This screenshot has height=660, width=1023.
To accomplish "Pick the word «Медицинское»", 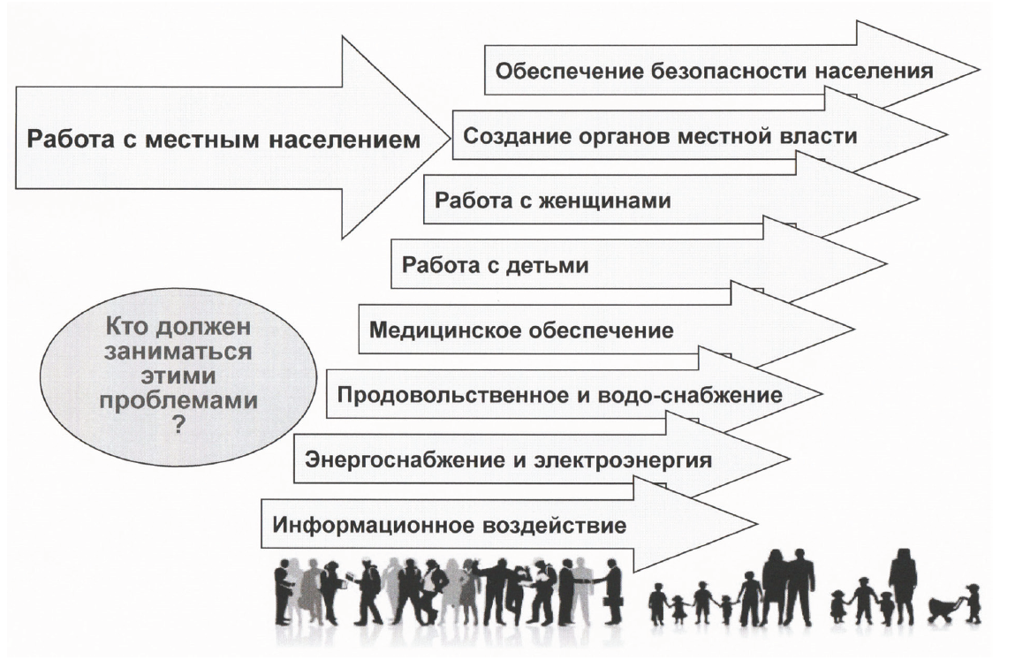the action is click(445, 330).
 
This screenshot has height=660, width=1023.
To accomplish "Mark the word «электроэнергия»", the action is click(623, 460).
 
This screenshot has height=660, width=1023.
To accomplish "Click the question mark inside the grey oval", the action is click(178, 426).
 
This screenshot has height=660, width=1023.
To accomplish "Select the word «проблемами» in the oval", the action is click(178, 400).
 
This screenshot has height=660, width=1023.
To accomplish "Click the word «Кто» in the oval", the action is click(124, 326).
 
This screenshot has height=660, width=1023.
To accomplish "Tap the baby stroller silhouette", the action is click(943, 607).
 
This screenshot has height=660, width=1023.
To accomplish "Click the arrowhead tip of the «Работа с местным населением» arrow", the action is click(451, 138).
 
